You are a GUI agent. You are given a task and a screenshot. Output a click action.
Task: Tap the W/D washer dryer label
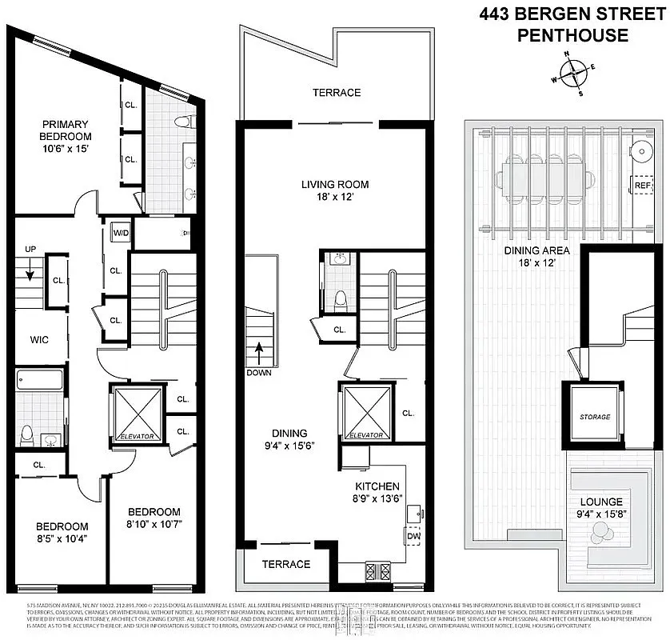coord(122,234)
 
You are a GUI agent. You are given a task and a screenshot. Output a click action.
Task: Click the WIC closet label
coord(34,340)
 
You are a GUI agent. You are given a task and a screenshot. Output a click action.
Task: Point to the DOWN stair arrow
coord(258,353)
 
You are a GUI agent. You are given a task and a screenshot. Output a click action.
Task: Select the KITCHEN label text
coord(377,486)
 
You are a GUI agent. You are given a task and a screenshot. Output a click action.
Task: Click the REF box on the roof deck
coord(642,185)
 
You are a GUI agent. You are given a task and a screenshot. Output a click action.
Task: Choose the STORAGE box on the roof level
coord(595,417)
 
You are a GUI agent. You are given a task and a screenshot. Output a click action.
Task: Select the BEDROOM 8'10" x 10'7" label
coord(154,518)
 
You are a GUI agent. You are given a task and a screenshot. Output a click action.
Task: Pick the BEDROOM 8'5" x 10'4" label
coord(62,532)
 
